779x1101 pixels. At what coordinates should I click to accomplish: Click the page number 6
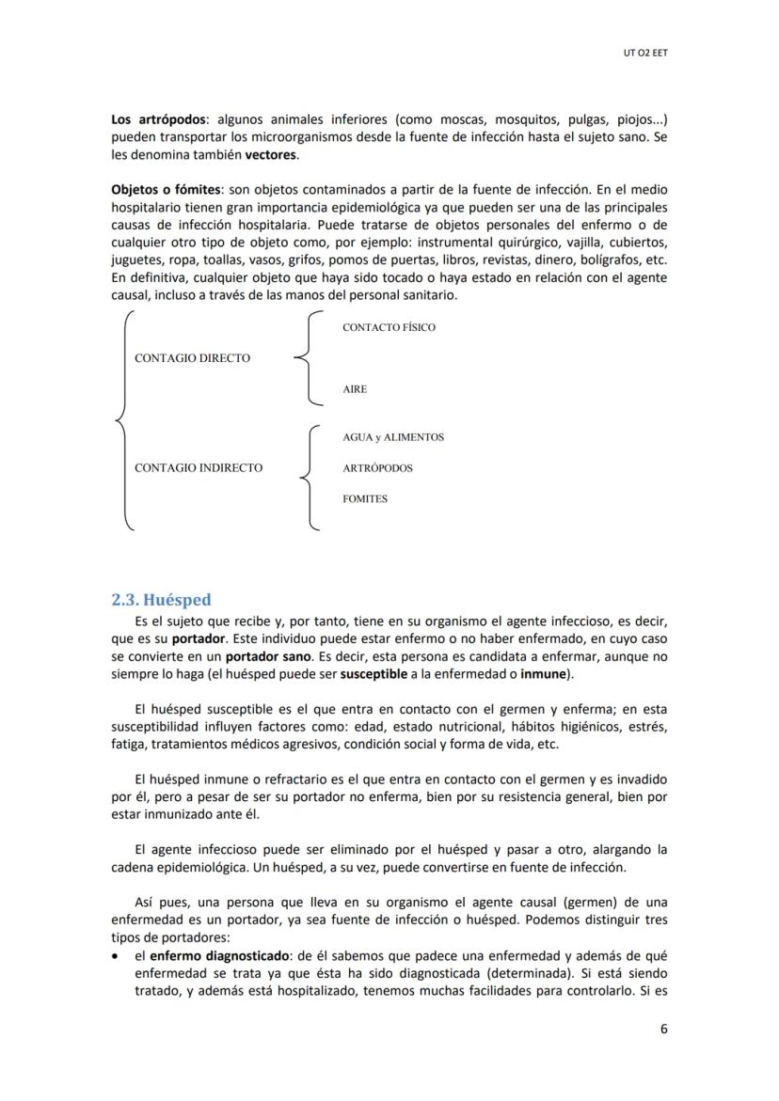pos(663,1029)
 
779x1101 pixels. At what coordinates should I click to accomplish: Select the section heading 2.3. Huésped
pos(161,599)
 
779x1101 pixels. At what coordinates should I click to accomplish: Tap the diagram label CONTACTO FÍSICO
pos(389,327)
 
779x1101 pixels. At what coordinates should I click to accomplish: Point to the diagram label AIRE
pos(355,388)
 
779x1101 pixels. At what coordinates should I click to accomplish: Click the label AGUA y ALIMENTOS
pos(393,437)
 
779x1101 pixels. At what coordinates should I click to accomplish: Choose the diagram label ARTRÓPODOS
pos(377,467)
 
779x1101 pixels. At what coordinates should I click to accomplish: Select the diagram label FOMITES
pos(364,498)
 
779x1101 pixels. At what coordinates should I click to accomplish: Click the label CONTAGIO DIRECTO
pos(193,358)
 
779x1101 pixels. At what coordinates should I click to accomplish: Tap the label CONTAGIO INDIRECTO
pos(199,467)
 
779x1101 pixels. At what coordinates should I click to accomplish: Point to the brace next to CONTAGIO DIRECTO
pos(307,358)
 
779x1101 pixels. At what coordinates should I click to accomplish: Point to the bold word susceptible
pos(374,674)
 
